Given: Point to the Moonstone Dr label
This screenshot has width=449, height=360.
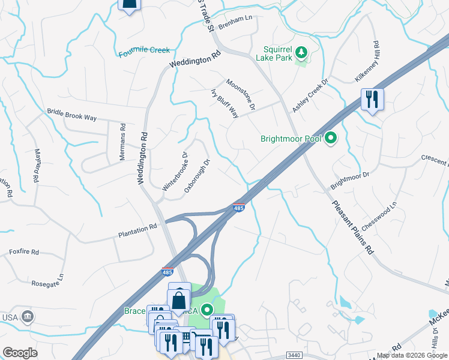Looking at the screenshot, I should [241, 94].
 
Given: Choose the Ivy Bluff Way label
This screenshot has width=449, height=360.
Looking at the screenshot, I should [224, 103].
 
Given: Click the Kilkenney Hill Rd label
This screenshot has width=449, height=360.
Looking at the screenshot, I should [376, 62].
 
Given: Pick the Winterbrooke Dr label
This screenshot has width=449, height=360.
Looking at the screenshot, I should [175, 171].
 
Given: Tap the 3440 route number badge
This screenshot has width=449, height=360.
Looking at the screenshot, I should [294, 355].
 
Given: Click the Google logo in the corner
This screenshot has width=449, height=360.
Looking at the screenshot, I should [20, 353].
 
